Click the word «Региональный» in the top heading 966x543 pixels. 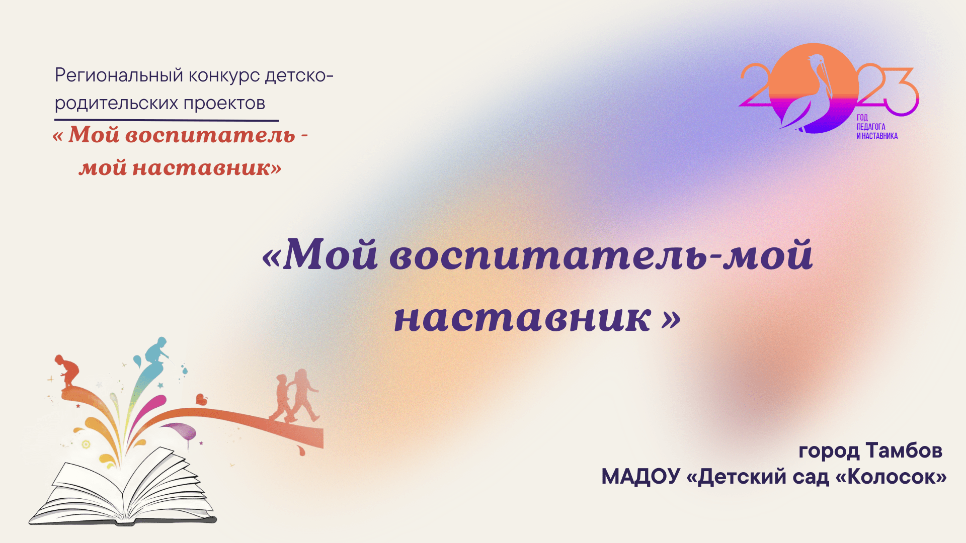[x=119, y=75]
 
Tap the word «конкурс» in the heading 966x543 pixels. [x=224, y=75]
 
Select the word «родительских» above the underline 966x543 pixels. [x=116, y=103]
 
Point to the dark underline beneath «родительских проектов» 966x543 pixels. [x=166, y=120]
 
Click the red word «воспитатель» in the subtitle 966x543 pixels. [x=210, y=135]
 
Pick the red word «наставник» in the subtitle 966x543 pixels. [x=201, y=168]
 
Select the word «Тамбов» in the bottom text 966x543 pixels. [x=904, y=450]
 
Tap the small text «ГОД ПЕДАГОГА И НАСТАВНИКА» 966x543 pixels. [x=876, y=127]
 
